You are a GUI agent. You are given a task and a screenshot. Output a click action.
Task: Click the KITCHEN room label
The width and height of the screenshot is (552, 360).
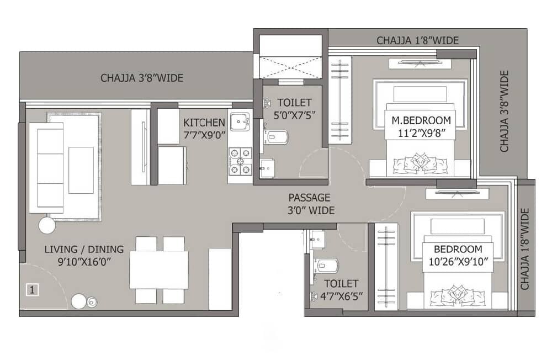point(204,122)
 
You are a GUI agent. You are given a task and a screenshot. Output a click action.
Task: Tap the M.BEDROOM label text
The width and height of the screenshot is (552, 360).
point(421,120)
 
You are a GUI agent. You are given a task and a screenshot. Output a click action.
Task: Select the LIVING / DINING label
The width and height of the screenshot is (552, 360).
point(84,249)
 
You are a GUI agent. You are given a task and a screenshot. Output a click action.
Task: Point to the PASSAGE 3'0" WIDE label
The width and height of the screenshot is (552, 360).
point(309,197)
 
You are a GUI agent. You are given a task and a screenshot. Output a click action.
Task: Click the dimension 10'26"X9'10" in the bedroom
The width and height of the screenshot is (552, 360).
point(459,262)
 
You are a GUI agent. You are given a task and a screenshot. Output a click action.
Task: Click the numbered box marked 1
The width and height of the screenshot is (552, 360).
point(33,289)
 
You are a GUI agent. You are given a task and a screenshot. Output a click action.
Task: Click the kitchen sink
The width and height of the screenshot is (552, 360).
point(240,120)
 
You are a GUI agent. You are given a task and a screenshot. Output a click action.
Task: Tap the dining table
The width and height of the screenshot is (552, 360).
point(159,269)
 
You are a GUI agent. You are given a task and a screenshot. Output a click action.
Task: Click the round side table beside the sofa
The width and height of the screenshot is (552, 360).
point(46,225)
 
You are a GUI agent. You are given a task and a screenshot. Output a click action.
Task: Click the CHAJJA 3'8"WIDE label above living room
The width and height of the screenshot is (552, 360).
point(141,78)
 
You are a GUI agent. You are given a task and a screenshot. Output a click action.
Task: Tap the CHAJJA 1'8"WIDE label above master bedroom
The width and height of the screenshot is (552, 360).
point(417,40)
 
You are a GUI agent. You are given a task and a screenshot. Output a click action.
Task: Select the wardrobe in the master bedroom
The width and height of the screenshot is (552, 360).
point(341,99)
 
